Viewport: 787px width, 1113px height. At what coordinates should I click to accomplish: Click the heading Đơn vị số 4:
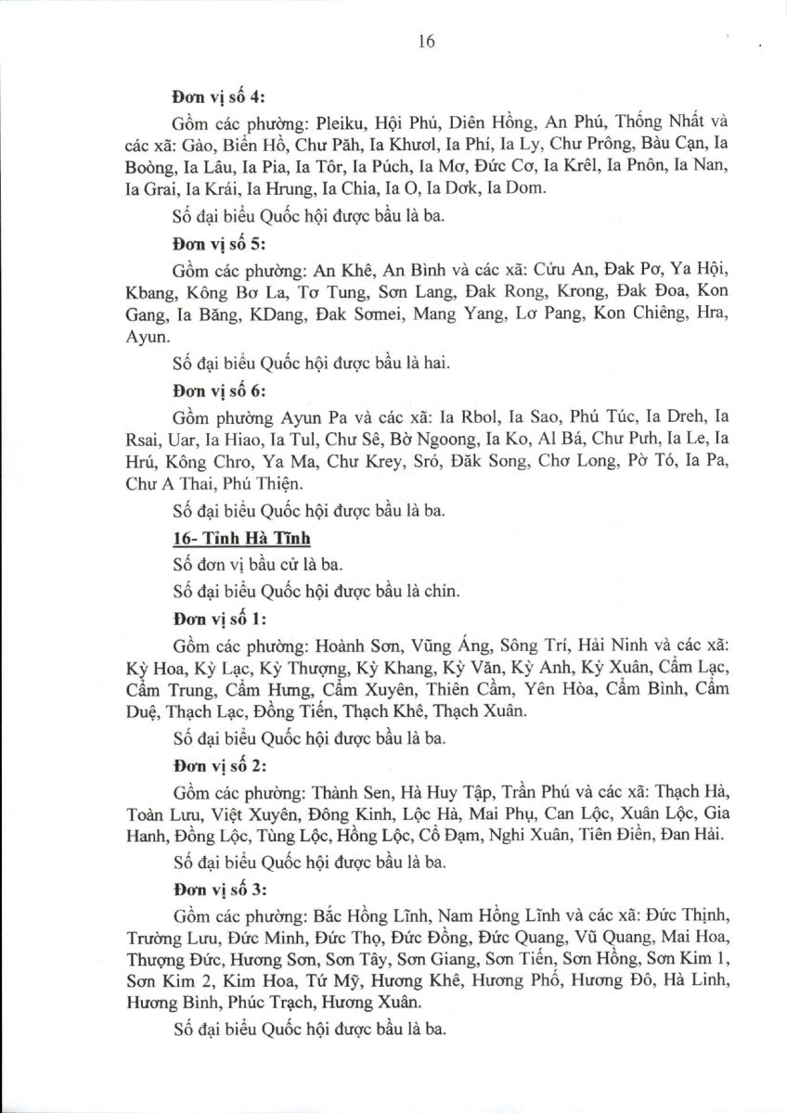click(218, 96)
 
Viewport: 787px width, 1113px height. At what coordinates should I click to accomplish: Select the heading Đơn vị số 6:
click(218, 390)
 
